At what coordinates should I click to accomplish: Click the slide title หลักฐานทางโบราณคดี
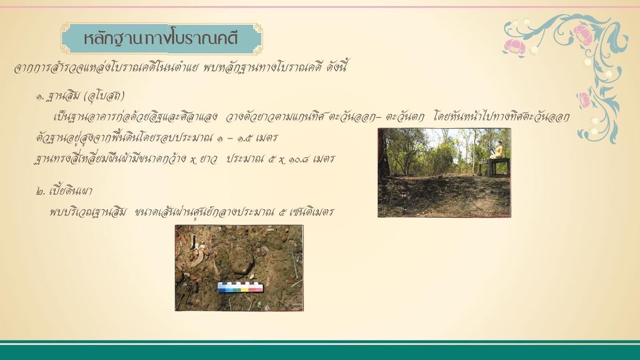161,39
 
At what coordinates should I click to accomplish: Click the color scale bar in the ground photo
240,288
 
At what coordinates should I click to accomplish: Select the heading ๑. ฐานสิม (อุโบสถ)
80,96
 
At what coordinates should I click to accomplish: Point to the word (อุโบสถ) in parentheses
104,96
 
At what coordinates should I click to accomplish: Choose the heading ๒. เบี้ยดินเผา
64,191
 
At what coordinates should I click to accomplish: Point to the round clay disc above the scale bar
242,261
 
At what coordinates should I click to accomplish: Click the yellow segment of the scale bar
244,289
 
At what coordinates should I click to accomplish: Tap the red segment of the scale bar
256,289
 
